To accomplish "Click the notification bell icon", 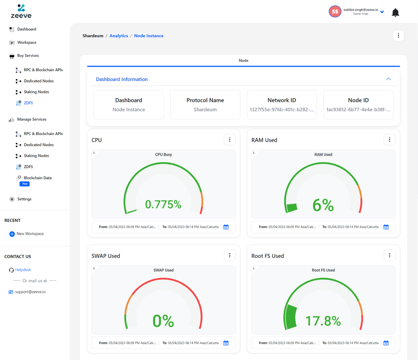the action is click(x=395, y=13).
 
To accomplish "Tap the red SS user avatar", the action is click(x=335, y=11).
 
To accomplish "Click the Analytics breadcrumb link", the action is click(x=119, y=36).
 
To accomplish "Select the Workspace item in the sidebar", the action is click(x=27, y=42).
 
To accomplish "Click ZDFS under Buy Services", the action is click(x=28, y=103).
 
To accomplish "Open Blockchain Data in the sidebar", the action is click(x=38, y=178).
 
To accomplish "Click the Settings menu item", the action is click(x=24, y=199).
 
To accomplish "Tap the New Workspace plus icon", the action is click(x=12, y=234).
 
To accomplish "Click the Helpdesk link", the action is click(x=23, y=270).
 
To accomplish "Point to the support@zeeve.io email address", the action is click(x=30, y=292).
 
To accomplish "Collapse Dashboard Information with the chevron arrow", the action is click(x=389, y=79).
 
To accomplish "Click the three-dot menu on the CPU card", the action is click(x=230, y=140).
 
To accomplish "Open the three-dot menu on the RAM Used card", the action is click(x=389, y=140).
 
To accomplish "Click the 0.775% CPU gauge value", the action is click(x=163, y=204).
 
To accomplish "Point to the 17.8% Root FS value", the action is click(x=323, y=321).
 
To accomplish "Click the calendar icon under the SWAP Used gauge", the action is click(x=226, y=343).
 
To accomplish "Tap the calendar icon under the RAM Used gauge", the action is click(x=386, y=227).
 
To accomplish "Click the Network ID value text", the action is click(x=282, y=110).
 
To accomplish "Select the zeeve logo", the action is click(x=21, y=11).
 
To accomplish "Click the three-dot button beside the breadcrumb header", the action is click(x=398, y=36).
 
